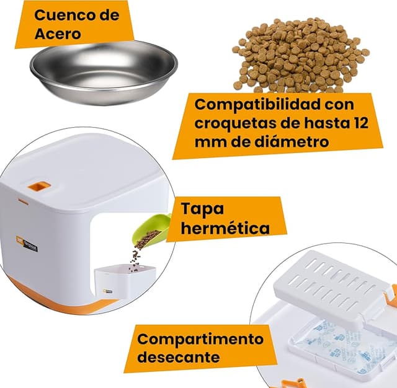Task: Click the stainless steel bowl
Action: pyautogui.click(x=103, y=71)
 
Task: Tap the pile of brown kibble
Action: pyautogui.click(x=298, y=56)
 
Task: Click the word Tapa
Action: pyautogui.click(x=203, y=208)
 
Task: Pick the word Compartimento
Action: pyautogui.click(x=200, y=339)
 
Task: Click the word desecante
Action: pyautogui.click(x=179, y=358)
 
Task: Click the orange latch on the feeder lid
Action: pyautogui.click(x=40, y=185)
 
